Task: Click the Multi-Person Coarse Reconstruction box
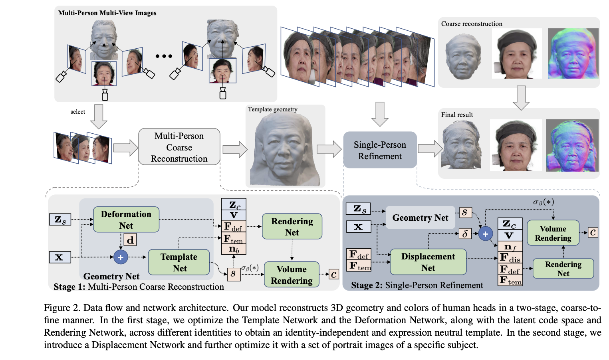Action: (x=179, y=147)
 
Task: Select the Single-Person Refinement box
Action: (x=380, y=150)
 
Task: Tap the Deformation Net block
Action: (x=126, y=220)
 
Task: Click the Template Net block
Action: (x=179, y=262)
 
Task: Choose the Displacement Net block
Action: (x=428, y=262)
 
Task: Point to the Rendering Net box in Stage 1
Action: (x=292, y=227)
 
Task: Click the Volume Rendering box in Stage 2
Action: (x=553, y=233)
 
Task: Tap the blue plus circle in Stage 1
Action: (x=121, y=257)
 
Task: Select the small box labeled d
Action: (x=130, y=240)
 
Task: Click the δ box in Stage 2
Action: (x=465, y=233)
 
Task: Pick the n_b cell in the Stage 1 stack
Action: (x=234, y=249)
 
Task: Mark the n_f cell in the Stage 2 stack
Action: (x=510, y=247)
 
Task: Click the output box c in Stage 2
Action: (x=593, y=232)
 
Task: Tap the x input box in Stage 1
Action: (x=60, y=257)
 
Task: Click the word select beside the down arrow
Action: (x=77, y=112)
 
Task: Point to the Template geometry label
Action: (x=272, y=109)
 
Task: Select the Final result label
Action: (x=457, y=115)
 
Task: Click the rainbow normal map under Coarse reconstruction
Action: (x=573, y=53)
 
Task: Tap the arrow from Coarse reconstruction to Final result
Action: (x=521, y=97)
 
